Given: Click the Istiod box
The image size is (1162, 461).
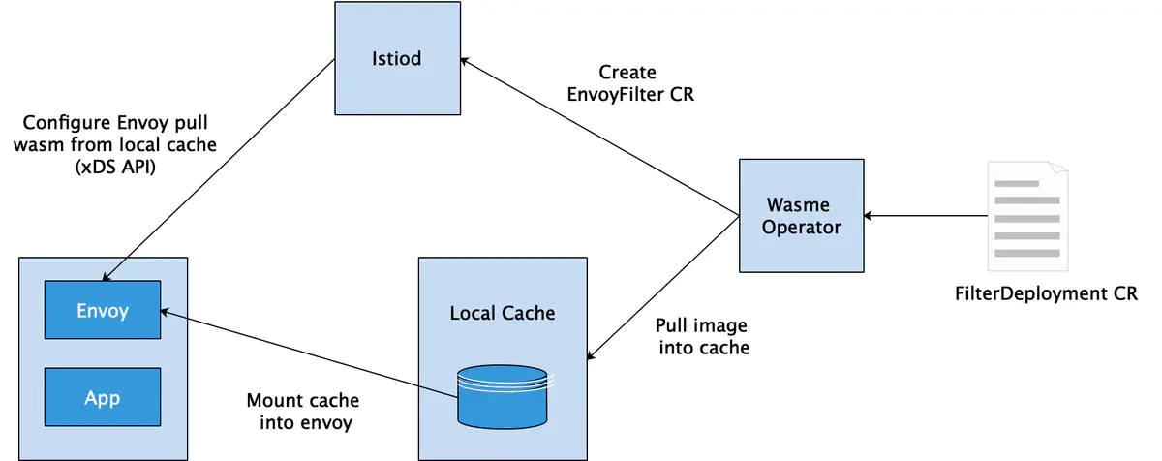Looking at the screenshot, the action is pyautogui.click(x=397, y=58).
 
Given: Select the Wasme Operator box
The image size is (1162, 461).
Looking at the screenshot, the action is pyautogui.click(x=802, y=216).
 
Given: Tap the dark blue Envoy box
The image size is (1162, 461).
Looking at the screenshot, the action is pyautogui.click(x=103, y=310).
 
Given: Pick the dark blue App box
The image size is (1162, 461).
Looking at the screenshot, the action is pyautogui.click(x=103, y=397).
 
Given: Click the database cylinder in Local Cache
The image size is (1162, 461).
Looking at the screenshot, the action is pyautogui.click(x=503, y=397).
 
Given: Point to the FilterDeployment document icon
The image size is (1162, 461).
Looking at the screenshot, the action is pyautogui.click(x=1027, y=216).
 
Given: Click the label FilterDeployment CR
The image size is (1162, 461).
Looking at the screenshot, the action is pyautogui.click(x=1046, y=293).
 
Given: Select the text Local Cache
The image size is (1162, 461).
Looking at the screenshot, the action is pyautogui.click(x=503, y=313).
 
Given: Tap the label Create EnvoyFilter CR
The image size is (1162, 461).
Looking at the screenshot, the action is pyautogui.click(x=630, y=83).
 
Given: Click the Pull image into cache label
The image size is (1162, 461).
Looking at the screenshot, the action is pyautogui.click(x=702, y=336).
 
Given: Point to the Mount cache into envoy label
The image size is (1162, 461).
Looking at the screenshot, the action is pyautogui.click(x=303, y=412).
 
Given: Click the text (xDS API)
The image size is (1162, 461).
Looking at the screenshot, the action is pyautogui.click(x=115, y=167).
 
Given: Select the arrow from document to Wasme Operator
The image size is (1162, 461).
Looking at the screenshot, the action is pyautogui.click(x=926, y=216).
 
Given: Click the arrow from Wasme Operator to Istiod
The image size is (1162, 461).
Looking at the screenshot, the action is pyautogui.click(x=599, y=137).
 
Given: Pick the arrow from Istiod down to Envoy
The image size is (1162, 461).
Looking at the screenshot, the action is pyautogui.click(x=219, y=170).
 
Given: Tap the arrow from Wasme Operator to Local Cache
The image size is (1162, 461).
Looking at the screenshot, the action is pyautogui.click(x=663, y=288).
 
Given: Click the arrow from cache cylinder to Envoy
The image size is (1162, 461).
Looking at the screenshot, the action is pyautogui.click(x=309, y=353).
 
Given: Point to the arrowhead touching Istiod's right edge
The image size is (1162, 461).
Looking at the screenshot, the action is pyautogui.click(x=464, y=61).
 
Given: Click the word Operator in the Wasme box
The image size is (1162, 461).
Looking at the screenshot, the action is pyautogui.click(x=802, y=228).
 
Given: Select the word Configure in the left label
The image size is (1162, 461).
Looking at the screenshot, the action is pyautogui.click(x=67, y=123).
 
